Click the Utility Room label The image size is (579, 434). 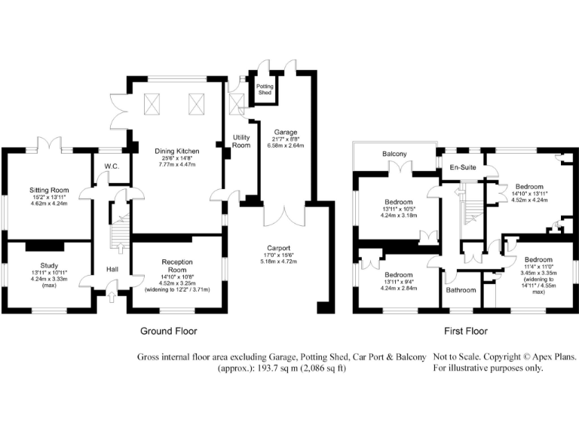coord(241,141)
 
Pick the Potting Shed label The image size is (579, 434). coord(265,89)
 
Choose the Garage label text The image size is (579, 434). coord(285,131)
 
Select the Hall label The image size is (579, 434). coord(112,269)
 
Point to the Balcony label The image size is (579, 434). coord(394,154)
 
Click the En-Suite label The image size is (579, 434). coord(463,167)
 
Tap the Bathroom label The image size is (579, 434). coord(461,290)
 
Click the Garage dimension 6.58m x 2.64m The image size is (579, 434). coord(285,145)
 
